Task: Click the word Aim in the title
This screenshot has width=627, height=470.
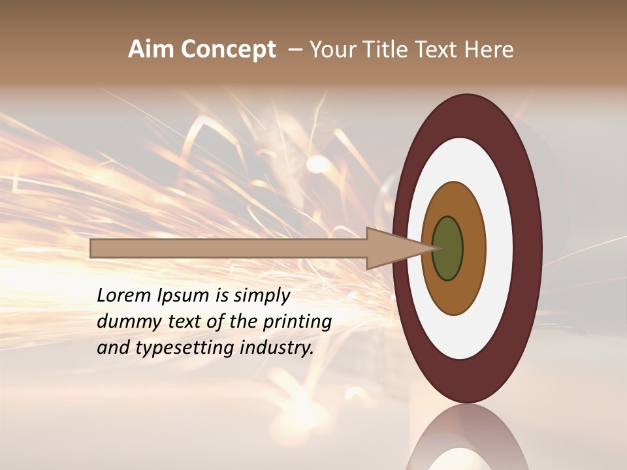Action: tap(151, 50)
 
